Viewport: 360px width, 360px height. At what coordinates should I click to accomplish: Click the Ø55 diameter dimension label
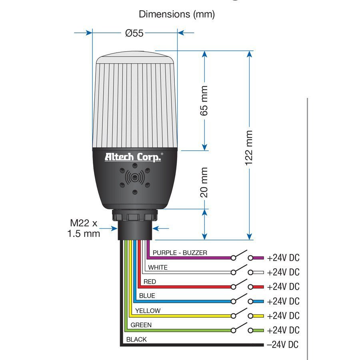pos(134,33)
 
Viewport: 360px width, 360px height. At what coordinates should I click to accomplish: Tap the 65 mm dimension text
pos(204,100)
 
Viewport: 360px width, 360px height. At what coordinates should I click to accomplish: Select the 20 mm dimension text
pos(204,182)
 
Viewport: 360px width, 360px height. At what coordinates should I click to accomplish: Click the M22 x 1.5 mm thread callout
pos(84,228)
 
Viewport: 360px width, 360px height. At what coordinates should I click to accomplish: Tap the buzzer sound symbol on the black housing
pos(134,176)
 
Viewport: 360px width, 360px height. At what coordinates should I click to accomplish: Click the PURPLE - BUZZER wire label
pos(180,253)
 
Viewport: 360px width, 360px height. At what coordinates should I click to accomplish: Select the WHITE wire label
pos(158,267)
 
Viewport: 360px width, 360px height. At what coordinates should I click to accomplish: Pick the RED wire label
pos(150,282)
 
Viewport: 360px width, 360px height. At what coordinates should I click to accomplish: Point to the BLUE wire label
pos(147,296)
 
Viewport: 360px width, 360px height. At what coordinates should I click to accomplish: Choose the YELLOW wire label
pos(148,310)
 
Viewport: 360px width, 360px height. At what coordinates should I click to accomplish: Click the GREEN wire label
pos(141,325)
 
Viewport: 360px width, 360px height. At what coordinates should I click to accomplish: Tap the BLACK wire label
pos(136,339)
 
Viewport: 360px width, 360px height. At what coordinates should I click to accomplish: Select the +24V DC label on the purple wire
pos(283,258)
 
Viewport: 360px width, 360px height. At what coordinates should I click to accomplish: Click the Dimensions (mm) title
pos(177,14)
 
